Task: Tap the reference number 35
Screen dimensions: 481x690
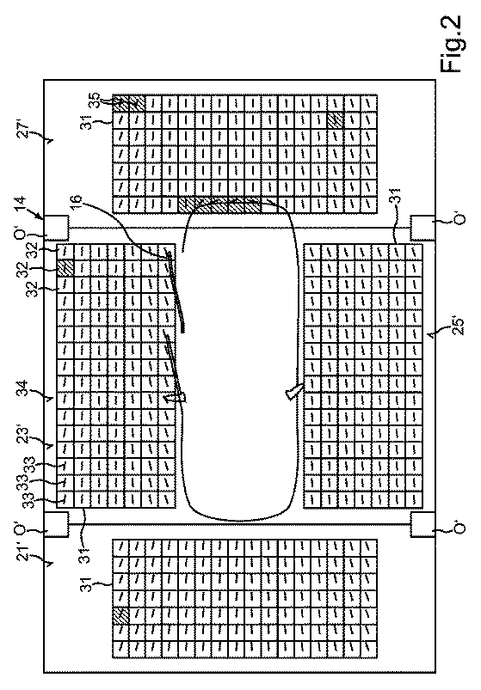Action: (96, 98)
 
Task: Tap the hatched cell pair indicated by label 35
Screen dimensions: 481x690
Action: (128, 102)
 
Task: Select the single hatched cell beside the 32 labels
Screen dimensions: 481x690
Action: (65, 267)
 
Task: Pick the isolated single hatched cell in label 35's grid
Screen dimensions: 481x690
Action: (336, 119)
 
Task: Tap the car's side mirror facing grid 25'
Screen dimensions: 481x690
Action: (294, 391)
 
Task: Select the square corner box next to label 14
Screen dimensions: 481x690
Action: (56, 228)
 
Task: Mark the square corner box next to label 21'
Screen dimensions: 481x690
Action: (56, 524)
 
